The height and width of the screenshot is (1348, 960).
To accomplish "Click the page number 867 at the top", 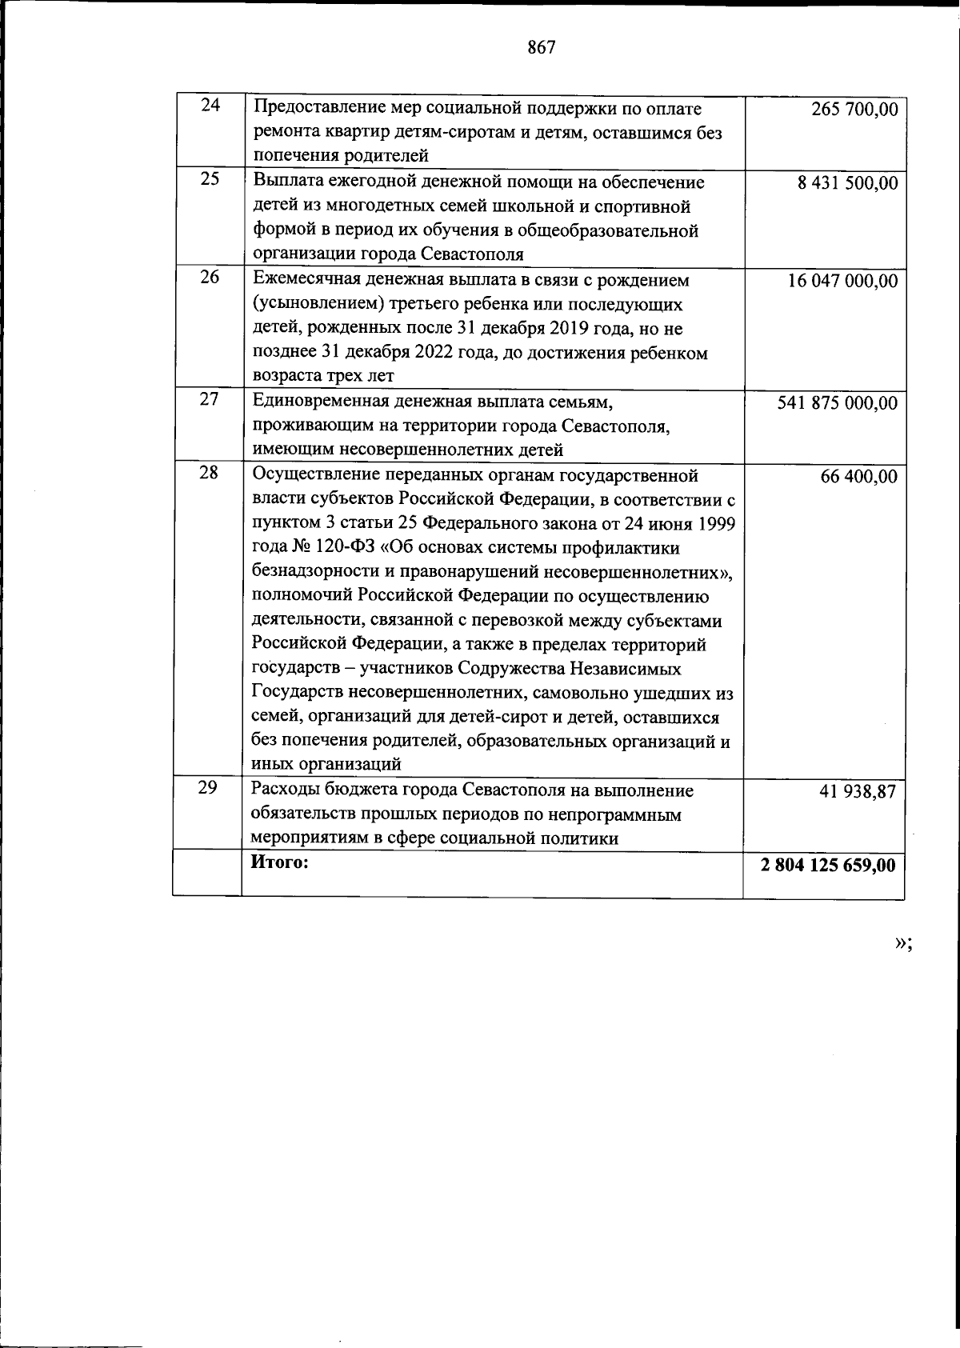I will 542,48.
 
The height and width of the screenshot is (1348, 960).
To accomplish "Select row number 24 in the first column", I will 210,105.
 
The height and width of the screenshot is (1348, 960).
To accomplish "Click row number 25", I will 210,178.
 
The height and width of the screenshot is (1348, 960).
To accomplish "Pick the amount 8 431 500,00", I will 847,183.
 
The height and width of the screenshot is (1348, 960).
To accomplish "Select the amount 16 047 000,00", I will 842,282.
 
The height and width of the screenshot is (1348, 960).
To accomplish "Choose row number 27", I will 210,399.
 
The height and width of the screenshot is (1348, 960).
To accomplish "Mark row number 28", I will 208,473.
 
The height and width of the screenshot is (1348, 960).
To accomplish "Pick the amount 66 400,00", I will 858,478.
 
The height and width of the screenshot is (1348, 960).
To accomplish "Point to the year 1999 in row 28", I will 715,524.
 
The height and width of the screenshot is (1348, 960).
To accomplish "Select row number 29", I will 208,787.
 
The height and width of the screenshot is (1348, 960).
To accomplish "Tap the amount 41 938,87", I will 858,792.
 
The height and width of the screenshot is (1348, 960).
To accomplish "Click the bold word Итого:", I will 280,862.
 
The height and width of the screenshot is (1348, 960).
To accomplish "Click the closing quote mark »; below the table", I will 902,943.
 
